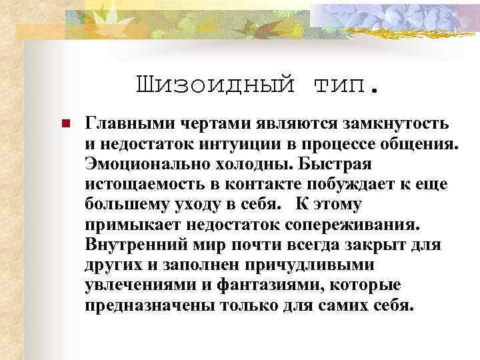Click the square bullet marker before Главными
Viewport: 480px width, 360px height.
click(66, 124)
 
